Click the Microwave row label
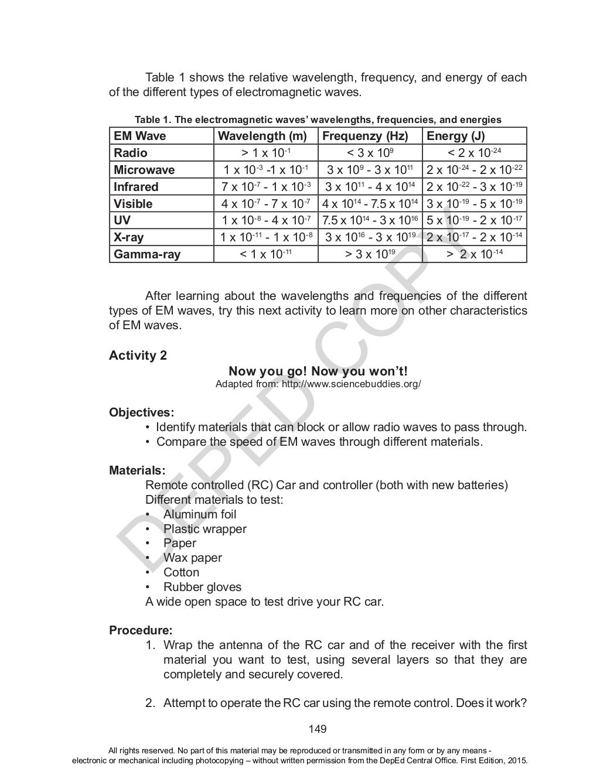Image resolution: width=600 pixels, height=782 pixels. point(144,170)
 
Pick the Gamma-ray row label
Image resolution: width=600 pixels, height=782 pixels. point(147,254)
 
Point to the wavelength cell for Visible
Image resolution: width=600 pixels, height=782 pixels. point(266,204)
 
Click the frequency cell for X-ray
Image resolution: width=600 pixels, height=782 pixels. point(370,237)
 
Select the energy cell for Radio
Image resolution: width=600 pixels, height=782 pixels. point(474,153)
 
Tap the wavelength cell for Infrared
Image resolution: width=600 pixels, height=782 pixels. point(266,187)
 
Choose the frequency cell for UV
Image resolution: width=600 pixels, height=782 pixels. point(370,220)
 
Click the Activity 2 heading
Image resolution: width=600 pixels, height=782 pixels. point(138,356)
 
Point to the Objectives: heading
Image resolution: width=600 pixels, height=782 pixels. point(141,412)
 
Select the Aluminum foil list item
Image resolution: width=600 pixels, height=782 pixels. point(200,514)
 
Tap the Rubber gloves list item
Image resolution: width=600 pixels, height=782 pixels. point(202,587)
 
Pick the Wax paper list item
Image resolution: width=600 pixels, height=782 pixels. point(192,558)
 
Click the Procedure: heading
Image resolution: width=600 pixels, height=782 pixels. point(141,631)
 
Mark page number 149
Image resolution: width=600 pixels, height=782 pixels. point(318,729)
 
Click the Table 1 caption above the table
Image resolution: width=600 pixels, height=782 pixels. point(318,119)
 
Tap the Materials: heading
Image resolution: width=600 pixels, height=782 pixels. point(137,470)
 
